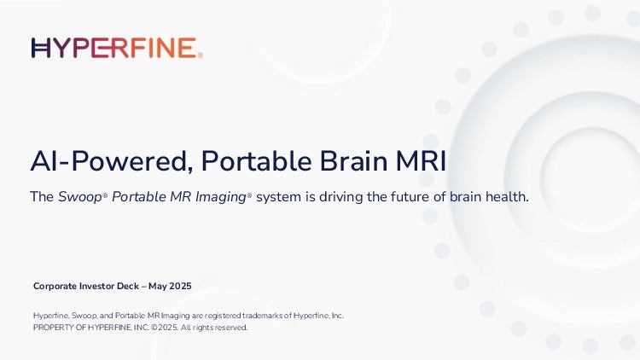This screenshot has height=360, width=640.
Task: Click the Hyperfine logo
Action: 117,48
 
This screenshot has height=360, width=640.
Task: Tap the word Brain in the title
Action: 353,161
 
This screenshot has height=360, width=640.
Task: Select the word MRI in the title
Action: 421,161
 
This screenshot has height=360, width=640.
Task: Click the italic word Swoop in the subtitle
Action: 79,197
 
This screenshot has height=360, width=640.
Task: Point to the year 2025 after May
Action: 180,286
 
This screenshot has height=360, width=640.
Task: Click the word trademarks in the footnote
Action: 263,316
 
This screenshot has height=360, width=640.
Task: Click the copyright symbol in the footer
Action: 154,328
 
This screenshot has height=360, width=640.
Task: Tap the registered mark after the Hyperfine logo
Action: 200,55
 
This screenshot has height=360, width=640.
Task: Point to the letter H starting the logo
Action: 41,48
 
